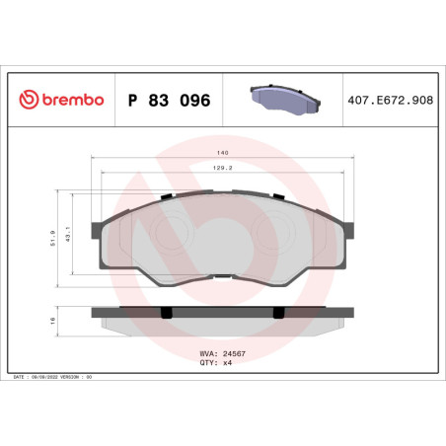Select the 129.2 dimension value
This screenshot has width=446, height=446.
coord(222,169)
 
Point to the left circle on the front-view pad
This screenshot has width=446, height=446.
coord(173,234)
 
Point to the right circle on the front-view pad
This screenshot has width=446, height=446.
coord(272,234)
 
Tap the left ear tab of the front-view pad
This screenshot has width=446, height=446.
coord(99,224)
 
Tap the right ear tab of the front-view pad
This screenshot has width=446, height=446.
coord(347,224)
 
